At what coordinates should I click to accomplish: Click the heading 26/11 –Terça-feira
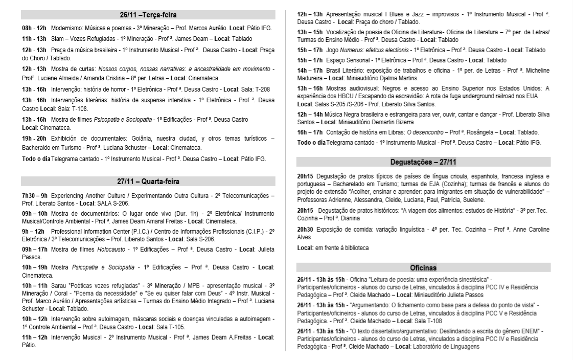(x=148, y=14)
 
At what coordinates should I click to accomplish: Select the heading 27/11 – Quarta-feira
(x=148, y=181)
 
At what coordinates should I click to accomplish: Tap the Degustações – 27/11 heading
(x=423, y=163)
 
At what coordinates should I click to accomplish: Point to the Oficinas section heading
(x=423, y=268)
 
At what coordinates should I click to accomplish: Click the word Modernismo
(x=68, y=27)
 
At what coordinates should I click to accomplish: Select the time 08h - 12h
(x=34, y=27)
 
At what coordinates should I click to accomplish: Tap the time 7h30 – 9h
(x=34, y=195)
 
